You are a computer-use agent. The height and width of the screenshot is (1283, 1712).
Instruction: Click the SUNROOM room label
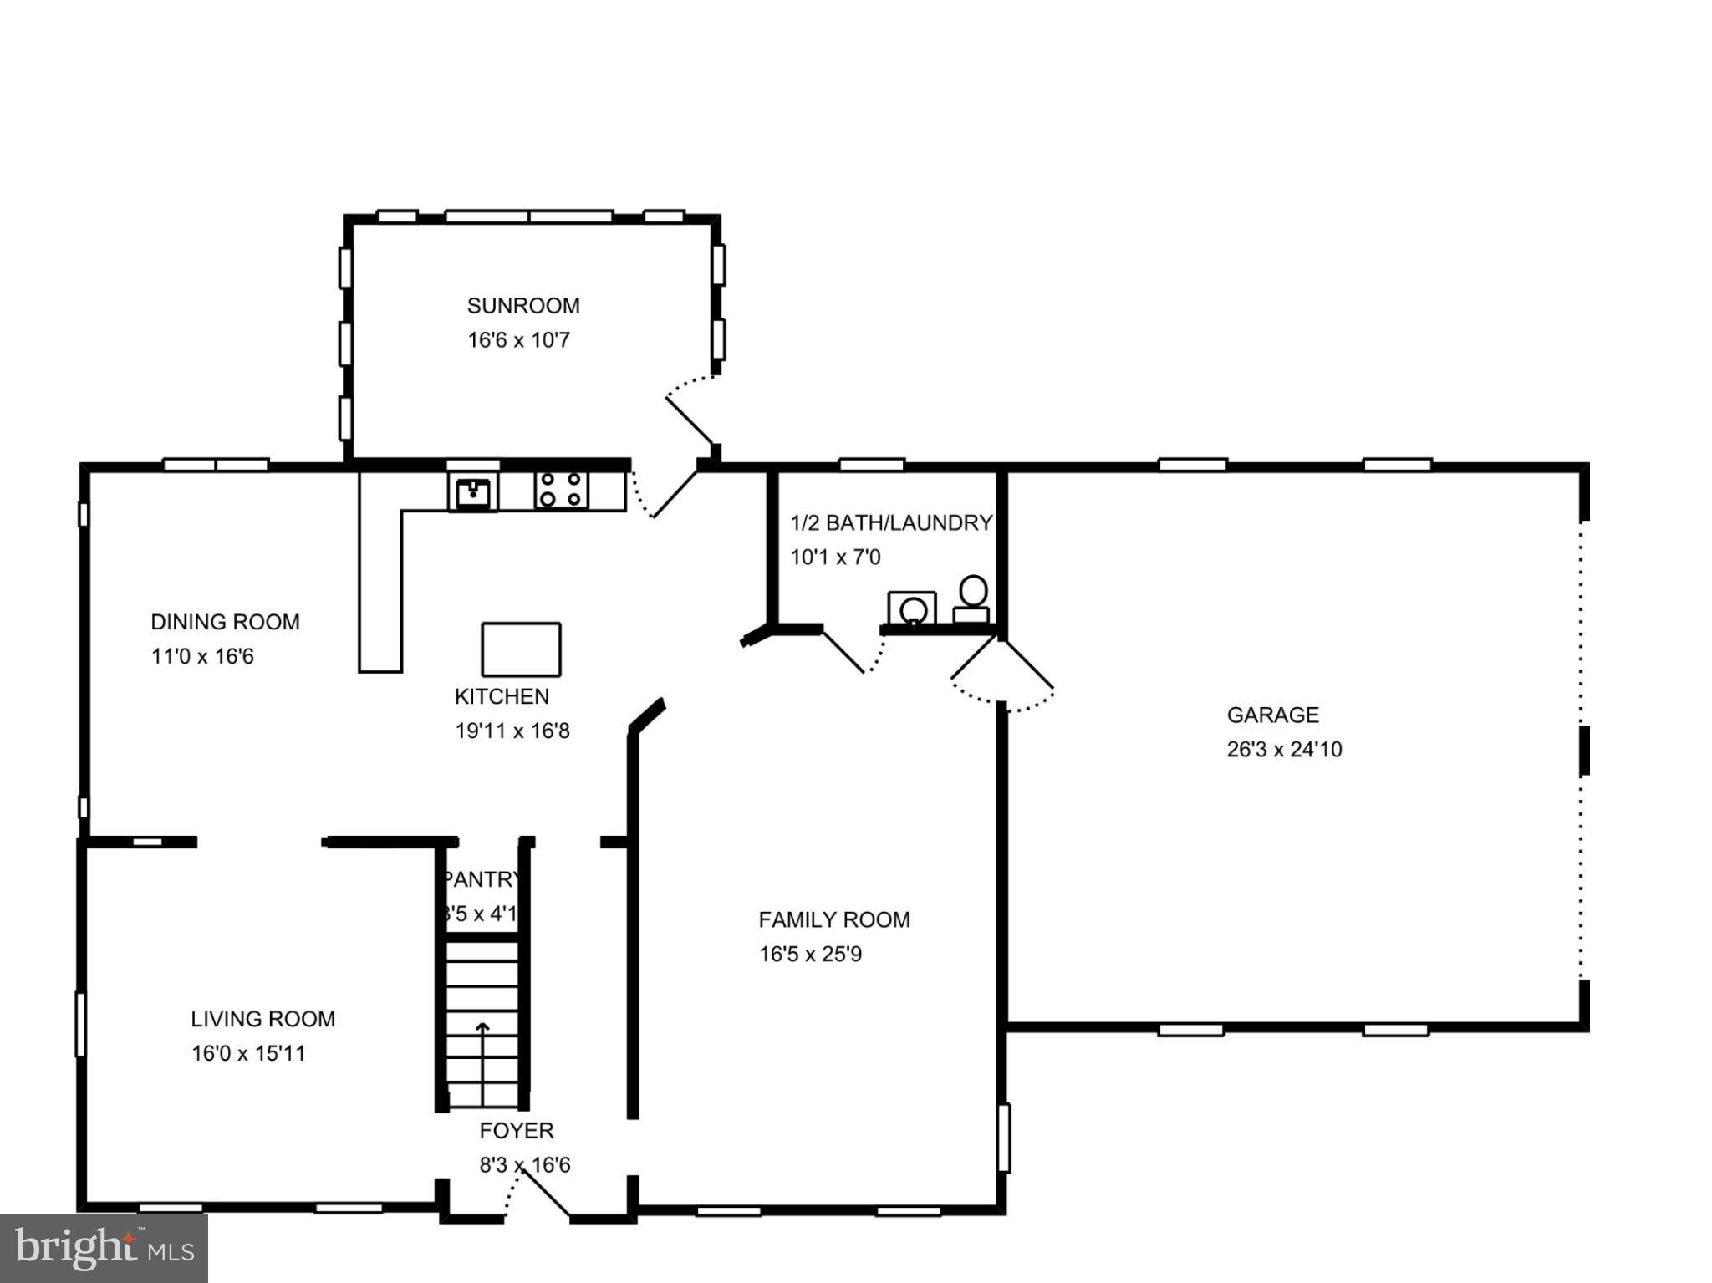(522, 306)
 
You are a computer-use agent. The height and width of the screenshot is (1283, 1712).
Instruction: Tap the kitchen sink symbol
(473, 492)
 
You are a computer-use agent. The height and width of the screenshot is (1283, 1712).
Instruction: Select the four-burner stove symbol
(561, 491)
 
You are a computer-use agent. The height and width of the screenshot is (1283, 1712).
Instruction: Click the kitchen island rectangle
(521, 649)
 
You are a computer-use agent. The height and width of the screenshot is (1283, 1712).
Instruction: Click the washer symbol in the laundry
(912, 608)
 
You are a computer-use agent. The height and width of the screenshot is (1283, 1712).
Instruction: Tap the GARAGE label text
(1272, 715)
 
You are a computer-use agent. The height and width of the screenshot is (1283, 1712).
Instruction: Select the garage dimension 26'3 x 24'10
(1284, 750)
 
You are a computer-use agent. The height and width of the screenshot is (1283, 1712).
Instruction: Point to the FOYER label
(517, 1131)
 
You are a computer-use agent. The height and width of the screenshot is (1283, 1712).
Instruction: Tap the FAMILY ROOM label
(834, 919)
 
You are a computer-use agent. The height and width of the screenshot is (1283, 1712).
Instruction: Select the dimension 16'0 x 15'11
(248, 1053)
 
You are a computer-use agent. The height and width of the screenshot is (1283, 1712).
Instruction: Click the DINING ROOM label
(225, 622)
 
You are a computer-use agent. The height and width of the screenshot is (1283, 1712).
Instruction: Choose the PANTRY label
(481, 879)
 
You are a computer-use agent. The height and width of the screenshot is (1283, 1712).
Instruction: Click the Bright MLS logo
(104, 1248)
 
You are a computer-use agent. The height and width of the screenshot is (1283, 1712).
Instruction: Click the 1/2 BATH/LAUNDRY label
(891, 523)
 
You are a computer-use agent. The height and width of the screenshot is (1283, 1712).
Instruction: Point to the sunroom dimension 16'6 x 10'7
(518, 341)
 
